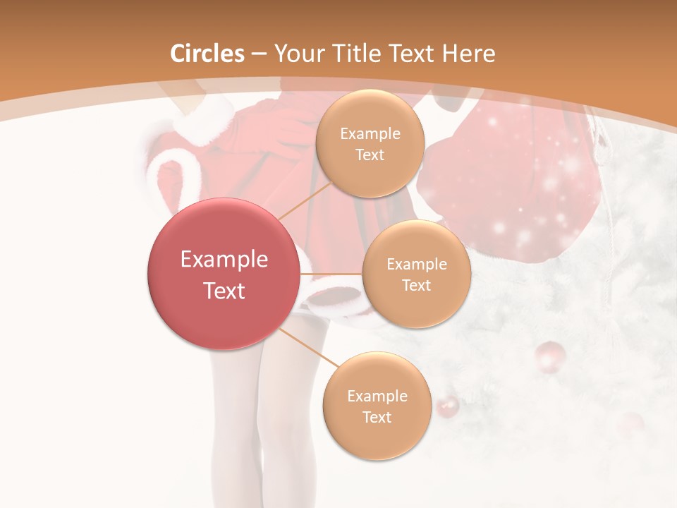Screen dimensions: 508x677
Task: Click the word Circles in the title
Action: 207,54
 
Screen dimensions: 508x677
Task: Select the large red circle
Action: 224,274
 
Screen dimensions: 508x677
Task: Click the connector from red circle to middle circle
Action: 331,274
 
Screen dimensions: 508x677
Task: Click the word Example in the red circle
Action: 224,260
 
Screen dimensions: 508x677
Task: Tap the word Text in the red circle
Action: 224,291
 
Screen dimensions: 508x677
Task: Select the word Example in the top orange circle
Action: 370,134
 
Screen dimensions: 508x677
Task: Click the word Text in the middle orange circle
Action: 416,285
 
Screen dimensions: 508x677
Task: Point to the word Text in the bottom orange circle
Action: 377,417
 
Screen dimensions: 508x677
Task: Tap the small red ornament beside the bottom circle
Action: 447,407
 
